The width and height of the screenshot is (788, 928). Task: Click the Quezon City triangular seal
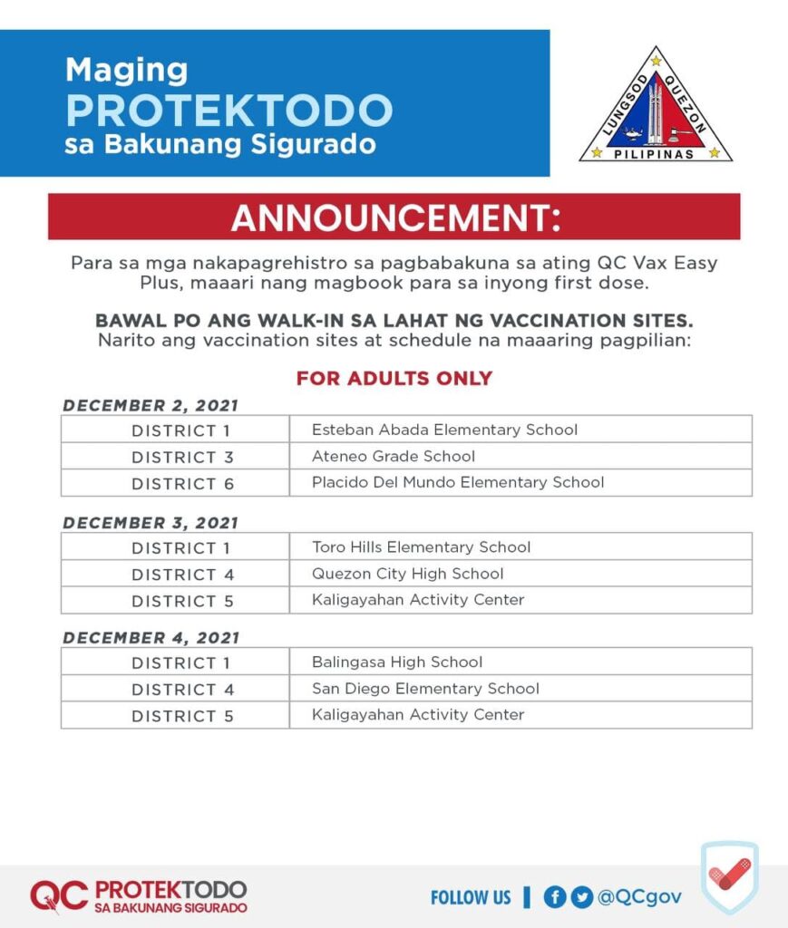coord(656,107)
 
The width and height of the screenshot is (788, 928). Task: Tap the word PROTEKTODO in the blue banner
coord(229,110)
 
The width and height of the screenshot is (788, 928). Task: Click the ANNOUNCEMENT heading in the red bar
coord(395,217)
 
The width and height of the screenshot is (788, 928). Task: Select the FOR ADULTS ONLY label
coord(394,378)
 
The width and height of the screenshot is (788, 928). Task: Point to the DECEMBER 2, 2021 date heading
coord(151,405)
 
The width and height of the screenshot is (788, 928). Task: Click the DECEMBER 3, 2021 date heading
coord(151,523)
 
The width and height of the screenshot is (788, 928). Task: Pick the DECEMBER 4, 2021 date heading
coord(151,637)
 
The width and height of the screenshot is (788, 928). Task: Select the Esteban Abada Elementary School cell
coord(444,430)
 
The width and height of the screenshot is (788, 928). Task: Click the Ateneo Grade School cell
coord(394,457)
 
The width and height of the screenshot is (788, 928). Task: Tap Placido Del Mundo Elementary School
coord(458,482)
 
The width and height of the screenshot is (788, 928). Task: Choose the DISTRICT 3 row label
coord(182,458)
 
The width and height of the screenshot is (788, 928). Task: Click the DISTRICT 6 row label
coord(182,484)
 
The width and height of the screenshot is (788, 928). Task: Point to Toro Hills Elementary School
coord(421,546)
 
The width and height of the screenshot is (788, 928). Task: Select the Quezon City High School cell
coord(407,574)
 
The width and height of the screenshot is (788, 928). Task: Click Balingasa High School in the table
coord(396,662)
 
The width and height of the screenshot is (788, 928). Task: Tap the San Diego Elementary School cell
coord(425,689)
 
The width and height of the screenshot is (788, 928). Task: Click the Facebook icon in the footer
coord(555,897)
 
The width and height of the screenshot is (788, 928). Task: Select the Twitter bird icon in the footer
coord(581,897)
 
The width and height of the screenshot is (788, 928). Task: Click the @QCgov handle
coord(639,897)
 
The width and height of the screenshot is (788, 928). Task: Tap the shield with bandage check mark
coord(729,876)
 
